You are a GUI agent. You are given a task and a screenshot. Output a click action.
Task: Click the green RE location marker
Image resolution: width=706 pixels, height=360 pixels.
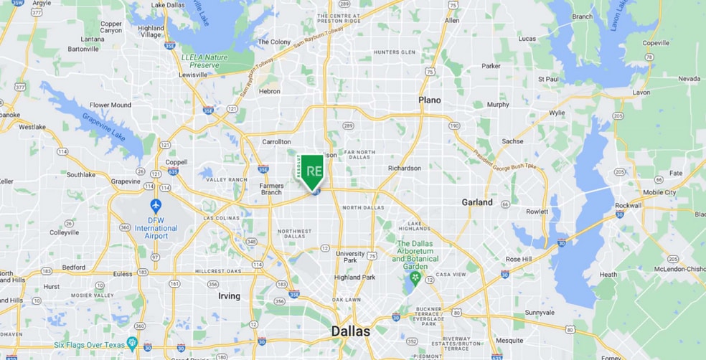click(313, 171)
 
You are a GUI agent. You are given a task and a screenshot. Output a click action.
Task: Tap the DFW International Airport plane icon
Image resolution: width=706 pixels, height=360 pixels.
click(156, 205)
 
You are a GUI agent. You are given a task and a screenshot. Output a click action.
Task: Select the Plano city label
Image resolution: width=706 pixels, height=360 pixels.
click(430, 100)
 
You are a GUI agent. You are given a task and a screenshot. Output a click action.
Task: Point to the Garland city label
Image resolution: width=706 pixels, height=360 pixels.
click(477, 202)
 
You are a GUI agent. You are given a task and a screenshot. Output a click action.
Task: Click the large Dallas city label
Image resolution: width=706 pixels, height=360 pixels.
click(350, 331)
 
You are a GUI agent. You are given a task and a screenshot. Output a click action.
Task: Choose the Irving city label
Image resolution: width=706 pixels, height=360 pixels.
click(228, 295)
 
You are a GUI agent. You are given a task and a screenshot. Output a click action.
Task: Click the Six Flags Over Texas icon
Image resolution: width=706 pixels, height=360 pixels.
click(131, 344)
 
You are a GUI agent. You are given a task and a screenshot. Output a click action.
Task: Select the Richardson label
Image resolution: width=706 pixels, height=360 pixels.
click(404, 168)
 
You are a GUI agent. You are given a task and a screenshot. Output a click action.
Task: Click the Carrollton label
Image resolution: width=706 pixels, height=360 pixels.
click(276, 142)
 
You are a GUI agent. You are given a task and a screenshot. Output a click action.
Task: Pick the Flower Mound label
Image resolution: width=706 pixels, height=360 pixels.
click(110, 105)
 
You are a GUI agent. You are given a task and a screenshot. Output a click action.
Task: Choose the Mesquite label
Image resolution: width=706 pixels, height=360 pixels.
click(509, 340)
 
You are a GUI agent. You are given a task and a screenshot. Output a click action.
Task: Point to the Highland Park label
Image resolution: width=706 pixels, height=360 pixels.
click(354, 277)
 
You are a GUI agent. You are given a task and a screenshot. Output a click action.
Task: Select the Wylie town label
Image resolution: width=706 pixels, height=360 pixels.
click(556, 113)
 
